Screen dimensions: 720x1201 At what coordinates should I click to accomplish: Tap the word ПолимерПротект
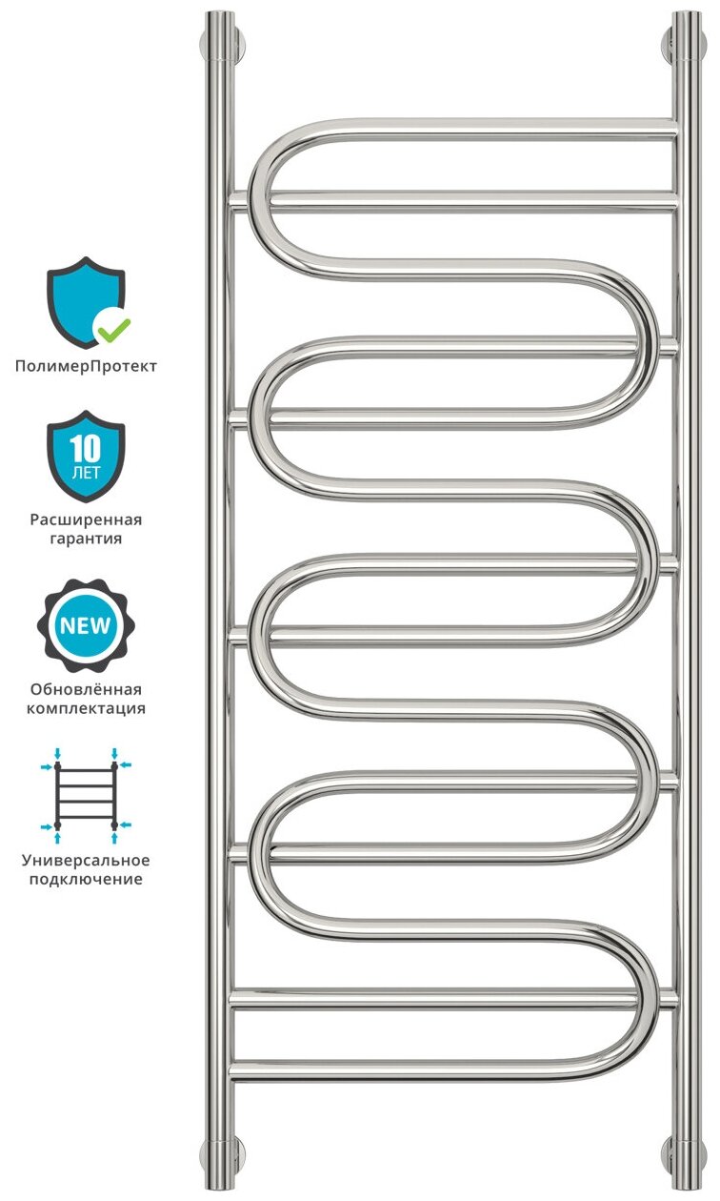pyautogui.click(x=86, y=366)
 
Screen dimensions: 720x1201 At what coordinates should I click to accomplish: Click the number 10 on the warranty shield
pyautogui.click(x=86, y=445)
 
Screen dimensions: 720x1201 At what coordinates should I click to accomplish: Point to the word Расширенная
pyautogui.click(x=86, y=520)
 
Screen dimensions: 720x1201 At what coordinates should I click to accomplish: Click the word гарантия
pyautogui.click(x=86, y=539)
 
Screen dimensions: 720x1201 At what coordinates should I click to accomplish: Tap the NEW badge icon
pyautogui.click(x=86, y=626)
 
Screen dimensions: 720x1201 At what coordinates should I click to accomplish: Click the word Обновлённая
pyautogui.click(x=86, y=689)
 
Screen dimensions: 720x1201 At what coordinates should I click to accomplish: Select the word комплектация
pyautogui.click(x=86, y=708)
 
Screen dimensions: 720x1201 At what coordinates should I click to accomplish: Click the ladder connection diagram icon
pyautogui.click(x=86, y=796)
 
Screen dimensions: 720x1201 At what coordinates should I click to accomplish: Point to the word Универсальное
pyautogui.click(x=86, y=860)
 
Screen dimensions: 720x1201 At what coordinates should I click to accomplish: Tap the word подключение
pyautogui.click(x=86, y=879)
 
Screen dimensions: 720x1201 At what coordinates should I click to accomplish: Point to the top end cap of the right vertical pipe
pyautogui.click(x=687, y=15)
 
